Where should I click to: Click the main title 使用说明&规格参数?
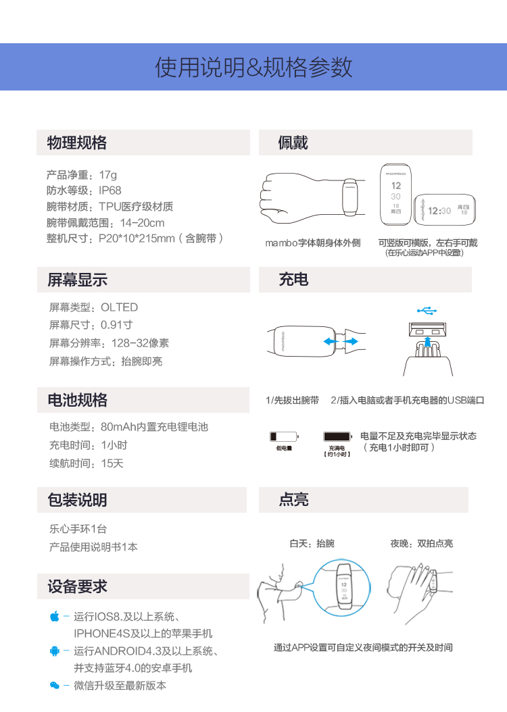[254, 68]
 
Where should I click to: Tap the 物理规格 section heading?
[77, 143]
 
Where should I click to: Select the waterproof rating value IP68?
[110, 190]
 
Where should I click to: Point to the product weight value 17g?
[107, 174]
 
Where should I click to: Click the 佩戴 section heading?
[293, 143]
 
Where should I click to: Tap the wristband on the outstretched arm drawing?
[350, 195]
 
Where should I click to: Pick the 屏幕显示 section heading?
[77, 280]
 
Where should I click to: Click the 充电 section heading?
[293, 280]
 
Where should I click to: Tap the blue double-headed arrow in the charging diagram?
[340, 342]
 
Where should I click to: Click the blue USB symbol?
[427, 311]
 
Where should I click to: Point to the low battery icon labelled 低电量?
[283, 437]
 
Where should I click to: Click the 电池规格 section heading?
[77, 400]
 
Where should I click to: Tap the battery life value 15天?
[112, 463]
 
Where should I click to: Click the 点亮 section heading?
[293, 500]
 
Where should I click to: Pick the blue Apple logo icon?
[55, 616]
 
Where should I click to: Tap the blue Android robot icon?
[55, 651]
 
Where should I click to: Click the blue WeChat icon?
[55, 686]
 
